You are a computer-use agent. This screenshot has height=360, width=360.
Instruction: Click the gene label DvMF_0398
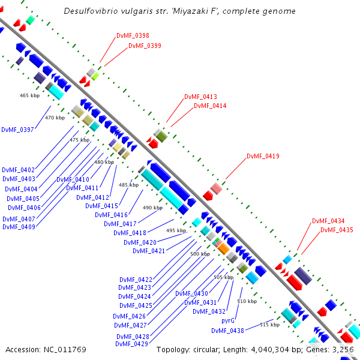point(133,35)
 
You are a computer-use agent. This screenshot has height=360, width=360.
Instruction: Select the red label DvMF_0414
point(210,106)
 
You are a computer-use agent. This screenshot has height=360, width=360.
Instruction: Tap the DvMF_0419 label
point(263,156)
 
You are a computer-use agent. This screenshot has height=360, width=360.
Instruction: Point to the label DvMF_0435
point(337,230)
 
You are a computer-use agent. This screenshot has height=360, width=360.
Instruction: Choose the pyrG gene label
point(228,321)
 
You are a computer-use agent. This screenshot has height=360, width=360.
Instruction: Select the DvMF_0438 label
point(227,331)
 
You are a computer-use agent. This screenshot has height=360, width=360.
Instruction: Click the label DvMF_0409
point(19,227)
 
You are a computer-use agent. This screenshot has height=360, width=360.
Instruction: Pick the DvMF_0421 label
point(149,251)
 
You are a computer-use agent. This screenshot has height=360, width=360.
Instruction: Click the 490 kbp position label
point(152,208)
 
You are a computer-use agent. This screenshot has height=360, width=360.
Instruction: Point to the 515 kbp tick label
point(269,325)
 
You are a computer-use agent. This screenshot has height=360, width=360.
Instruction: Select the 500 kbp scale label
point(200,254)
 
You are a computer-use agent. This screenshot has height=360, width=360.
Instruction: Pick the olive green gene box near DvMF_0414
point(161,137)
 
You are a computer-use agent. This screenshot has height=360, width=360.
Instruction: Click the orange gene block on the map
point(223,248)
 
